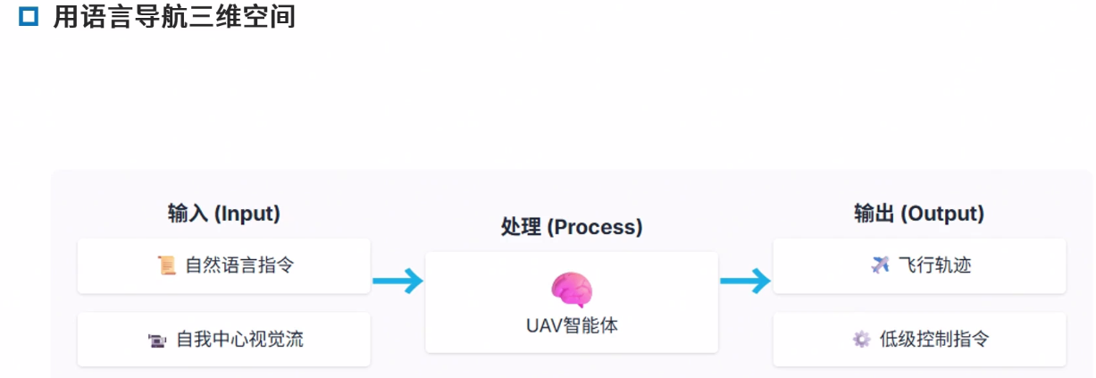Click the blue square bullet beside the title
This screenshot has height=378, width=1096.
point(27,18)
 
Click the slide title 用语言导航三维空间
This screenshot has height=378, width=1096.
point(174,18)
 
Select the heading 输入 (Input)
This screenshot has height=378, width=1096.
point(223,214)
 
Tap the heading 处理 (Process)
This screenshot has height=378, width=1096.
point(571,227)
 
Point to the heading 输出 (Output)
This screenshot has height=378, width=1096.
point(918,214)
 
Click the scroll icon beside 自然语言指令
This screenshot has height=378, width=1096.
point(166,265)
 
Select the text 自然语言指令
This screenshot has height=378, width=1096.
point(239,265)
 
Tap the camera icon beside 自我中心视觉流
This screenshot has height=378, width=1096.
point(156,340)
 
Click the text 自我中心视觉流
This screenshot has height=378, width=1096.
point(239,340)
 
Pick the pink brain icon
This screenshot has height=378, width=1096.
point(571,290)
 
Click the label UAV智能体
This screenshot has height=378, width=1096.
point(571,325)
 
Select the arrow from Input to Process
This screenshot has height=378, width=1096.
point(397,281)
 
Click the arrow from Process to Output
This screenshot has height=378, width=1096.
point(745,281)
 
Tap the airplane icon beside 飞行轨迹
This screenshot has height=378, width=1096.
point(880,265)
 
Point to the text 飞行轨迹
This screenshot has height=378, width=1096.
point(934,265)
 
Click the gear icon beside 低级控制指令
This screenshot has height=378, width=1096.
point(861,340)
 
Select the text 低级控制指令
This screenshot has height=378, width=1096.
point(934,340)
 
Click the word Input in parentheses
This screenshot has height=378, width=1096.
point(248,214)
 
